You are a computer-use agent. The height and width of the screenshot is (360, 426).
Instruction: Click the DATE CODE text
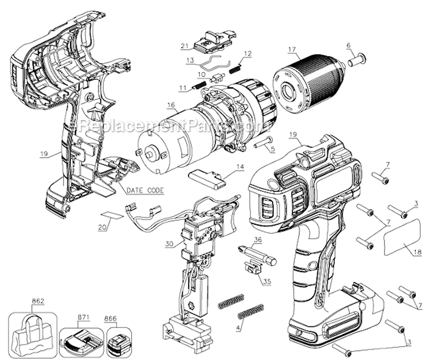(x=145, y=190)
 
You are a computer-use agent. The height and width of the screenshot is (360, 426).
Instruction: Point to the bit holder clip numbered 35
(x=252, y=266)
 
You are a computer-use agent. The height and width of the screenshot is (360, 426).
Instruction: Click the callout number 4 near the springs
(x=239, y=328)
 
